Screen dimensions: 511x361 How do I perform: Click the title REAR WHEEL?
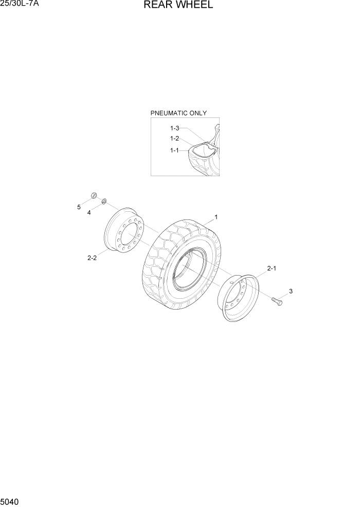pyautogui.click(x=178, y=6)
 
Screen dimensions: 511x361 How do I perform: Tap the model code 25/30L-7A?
pyautogui.click(x=20, y=5)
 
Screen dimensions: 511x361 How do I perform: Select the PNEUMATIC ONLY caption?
pyautogui.click(x=178, y=113)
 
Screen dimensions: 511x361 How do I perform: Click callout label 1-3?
pyautogui.click(x=175, y=128)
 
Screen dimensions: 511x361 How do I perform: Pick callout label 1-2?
pyautogui.click(x=175, y=139)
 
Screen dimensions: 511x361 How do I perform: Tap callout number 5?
pyautogui.click(x=79, y=207)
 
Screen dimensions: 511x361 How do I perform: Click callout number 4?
pyautogui.click(x=88, y=212)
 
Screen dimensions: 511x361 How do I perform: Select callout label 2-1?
pyautogui.click(x=272, y=268)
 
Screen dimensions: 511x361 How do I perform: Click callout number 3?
pyautogui.click(x=291, y=292)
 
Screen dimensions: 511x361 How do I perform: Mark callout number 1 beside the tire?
pyautogui.click(x=216, y=217)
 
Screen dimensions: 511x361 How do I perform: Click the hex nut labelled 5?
pyautogui.click(x=94, y=195)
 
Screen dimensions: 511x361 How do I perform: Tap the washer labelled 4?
pyautogui.click(x=104, y=200)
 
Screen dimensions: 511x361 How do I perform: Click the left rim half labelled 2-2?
pyautogui.click(x=123, y=234)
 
